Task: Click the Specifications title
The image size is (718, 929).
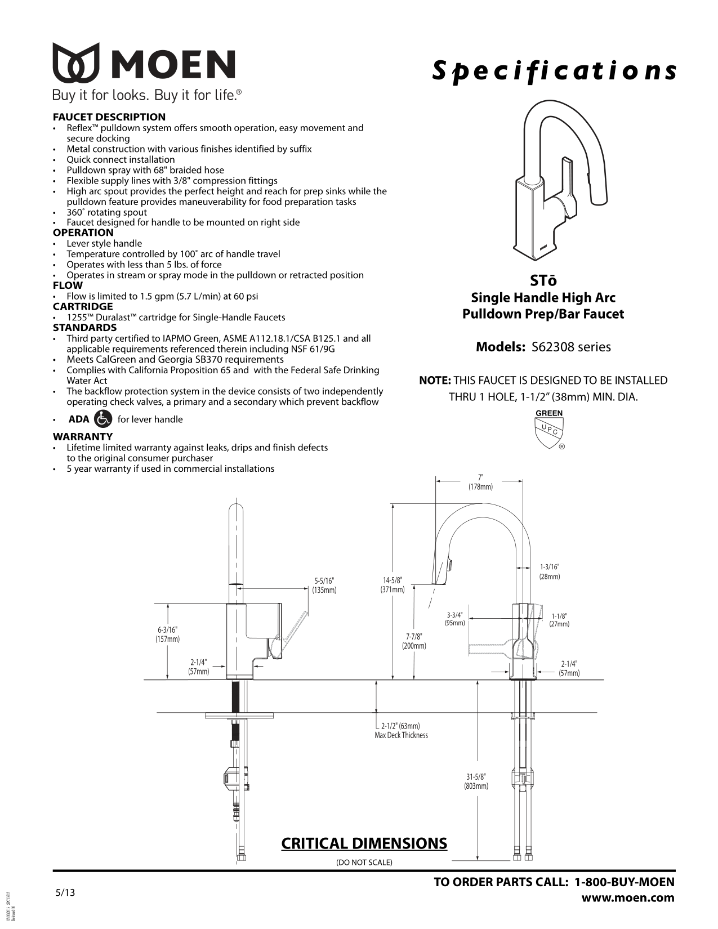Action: pos(554,71)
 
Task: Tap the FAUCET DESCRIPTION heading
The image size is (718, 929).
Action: pos(109,117)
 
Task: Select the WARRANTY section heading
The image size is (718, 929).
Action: pos(83,436)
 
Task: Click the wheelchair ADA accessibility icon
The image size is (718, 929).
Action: pos(104,419)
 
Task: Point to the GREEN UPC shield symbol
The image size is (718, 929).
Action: pos(549,430)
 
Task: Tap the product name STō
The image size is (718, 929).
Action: pos(543,280)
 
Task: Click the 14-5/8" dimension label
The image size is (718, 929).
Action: pos(393,585)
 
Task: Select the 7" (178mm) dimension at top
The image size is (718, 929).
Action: pos(480,482)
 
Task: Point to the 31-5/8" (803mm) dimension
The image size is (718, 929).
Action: pos(476,781)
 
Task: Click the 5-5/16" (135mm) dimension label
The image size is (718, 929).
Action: pos(324,586)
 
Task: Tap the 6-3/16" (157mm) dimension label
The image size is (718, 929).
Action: pos(167,634)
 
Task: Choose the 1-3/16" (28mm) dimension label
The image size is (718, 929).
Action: pos(550,571)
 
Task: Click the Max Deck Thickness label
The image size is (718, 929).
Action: pos(401,735)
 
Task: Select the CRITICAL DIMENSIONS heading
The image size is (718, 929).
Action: pos(364,843)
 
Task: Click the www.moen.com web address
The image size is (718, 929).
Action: pos(628,897)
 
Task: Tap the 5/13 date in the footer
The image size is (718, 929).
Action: pos(65,893)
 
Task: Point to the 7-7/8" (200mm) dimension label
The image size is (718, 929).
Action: pos(414,641)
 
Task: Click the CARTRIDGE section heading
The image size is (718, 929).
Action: pos(83,307)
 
